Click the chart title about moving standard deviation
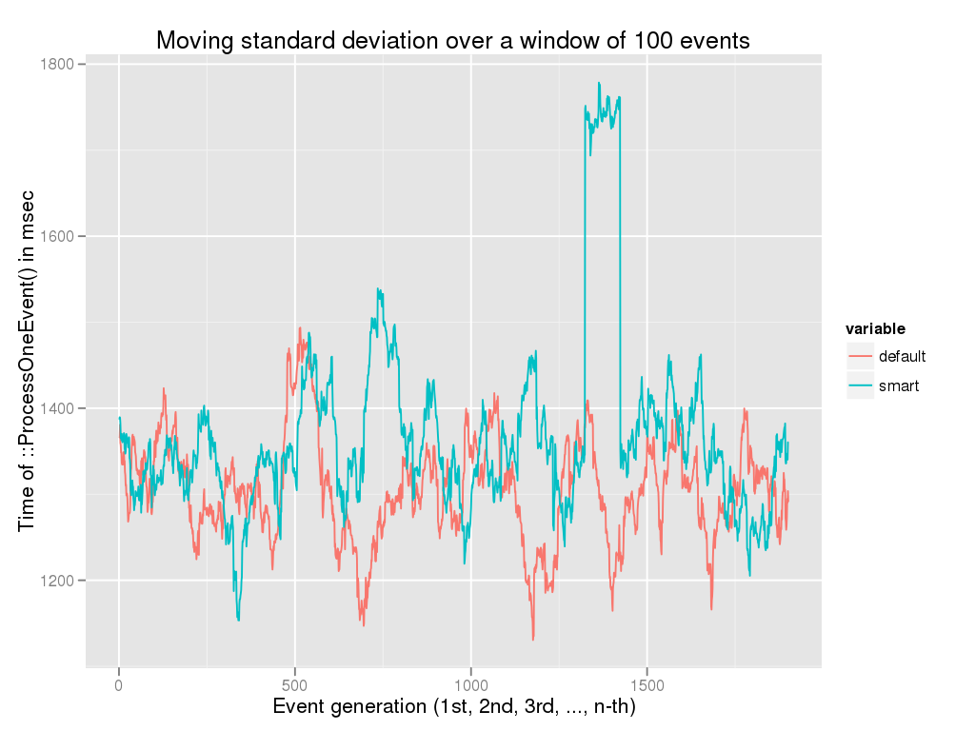point(453,41)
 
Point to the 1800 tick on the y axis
point(58,65)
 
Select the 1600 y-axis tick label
point(58,237)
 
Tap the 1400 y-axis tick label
point(58,408)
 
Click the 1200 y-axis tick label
point(58,581)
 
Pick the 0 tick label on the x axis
point(119,684)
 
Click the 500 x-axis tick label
point(294,684)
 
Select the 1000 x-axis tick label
point(470,684)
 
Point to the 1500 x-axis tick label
point(647,684)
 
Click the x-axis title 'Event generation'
point(453,707)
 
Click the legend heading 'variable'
point(875,329)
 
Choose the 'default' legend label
point(902,357)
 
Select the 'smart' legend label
point(898,385)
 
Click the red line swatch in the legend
point(861,357)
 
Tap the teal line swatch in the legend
point(861,385)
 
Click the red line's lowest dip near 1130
point(533,639)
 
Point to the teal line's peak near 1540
point(378,289)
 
